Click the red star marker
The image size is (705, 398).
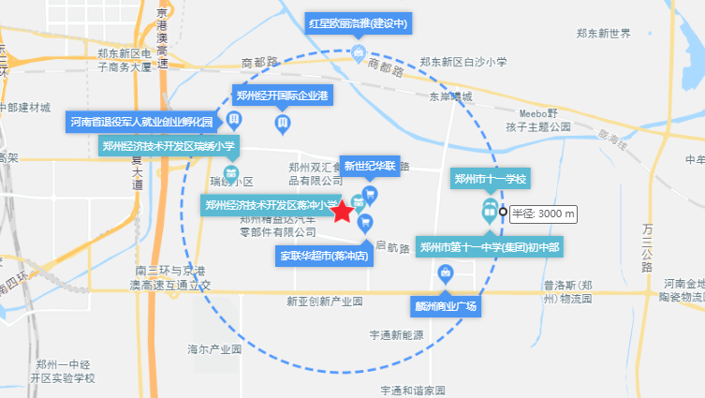pyautogui.click(x=343, y=213)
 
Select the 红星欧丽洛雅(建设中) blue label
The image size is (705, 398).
pyautogui.click(x=360, y=23)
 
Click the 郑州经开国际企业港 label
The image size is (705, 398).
pyautogui.click(x=282, y=96)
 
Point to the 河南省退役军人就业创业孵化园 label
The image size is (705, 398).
pyautogui.click(x=143, y=121)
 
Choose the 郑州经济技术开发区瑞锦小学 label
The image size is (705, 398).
pyautogui.click(x=169, y=145)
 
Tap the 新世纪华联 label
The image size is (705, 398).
pyautogui.click(x=372, y=167)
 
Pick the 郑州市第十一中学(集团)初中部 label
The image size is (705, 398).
pyautogui.click(x=490, y=247)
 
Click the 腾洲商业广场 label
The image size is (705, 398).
pyautogui.click(x=446, y=305)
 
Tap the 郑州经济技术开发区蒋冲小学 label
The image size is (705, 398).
pyautogui.click(x=271, y=205)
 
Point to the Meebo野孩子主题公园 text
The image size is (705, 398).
pyautogui.click(x=537, y=119)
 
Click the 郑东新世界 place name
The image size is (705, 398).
pyautogui.click(x=603, y=34)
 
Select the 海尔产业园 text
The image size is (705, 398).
pyautogui.click(x=214, y=349)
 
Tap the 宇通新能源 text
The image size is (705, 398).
pyautogui.click(x=397, y=334)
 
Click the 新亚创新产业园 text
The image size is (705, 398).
pyautogui.click(x=324, y=302)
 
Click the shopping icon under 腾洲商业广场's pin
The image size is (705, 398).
pyautogui.click(x=446, y=273)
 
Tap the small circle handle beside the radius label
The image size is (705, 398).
pyautogui.click(x=502, y=212)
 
